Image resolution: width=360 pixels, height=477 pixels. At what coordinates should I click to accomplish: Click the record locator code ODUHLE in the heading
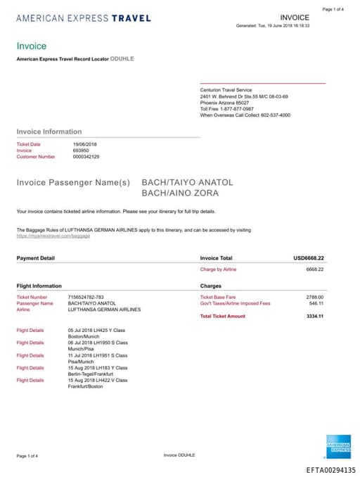click(122, 58)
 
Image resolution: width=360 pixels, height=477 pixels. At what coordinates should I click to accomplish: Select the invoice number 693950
click(81, 151)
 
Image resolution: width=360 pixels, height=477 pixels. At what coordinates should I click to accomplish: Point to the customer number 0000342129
click(86, 157)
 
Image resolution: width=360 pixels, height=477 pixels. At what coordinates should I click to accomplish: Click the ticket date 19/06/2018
click(85, 144)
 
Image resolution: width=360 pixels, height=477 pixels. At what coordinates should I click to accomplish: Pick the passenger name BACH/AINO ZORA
click(180, 193)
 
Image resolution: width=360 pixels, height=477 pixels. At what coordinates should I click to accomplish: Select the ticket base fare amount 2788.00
click(315, 297)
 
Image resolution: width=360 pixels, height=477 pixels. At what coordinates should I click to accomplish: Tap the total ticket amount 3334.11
click(315, 316)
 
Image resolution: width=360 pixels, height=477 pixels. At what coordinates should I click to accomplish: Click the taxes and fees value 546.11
click(316, 303)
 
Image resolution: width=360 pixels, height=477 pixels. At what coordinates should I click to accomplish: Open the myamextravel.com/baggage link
click(53, 236)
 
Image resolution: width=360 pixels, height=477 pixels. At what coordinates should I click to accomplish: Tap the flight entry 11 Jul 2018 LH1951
click(91, 355)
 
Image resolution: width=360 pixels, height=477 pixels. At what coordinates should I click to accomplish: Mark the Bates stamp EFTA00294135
click(330, 470)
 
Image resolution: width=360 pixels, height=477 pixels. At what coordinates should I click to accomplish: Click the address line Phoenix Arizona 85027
click(225, 102)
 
